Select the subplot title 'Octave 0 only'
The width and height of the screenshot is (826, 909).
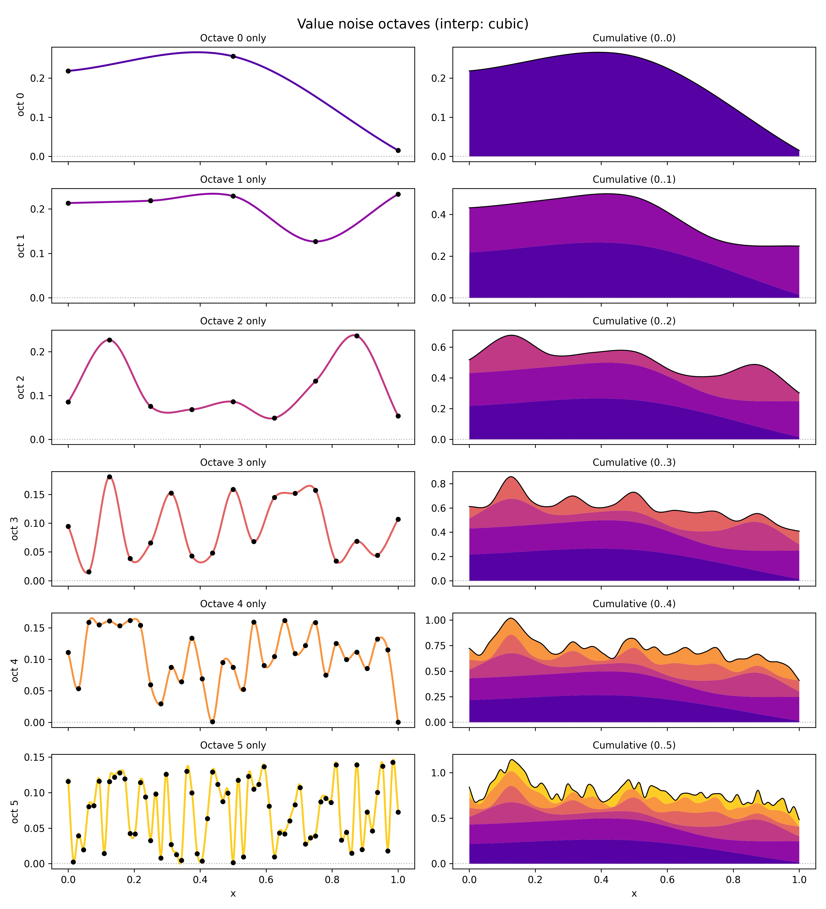pyautogui.click(x=233, y=38)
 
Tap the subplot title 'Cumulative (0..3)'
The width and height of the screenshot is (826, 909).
pyautogui.click(x=633, y=463)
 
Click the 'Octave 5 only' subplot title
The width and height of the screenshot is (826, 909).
pyautogui.click(x=233, y=745)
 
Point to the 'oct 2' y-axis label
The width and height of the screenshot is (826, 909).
pyautogui.click(x=21, y=387)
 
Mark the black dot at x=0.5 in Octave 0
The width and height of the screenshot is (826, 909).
pyautogui.click(x=233, y=56)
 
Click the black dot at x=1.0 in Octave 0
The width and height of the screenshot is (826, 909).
pyautogui.click(x=398, y=151)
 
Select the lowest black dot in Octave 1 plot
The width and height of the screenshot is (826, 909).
pyautogui.click(x=315, y=242)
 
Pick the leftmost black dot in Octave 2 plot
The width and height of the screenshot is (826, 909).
pyautogui.click(x=69, y=402)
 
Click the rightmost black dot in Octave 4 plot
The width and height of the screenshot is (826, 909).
pyautogui.click(x=398, y=722)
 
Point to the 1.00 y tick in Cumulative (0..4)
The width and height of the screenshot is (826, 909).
pyautogui.click(x=436, y=620)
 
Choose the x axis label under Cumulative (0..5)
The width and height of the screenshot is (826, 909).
pyautogui.click(x=633, y=894)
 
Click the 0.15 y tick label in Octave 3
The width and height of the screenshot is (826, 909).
pyautogui.click(x=36, y=495)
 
